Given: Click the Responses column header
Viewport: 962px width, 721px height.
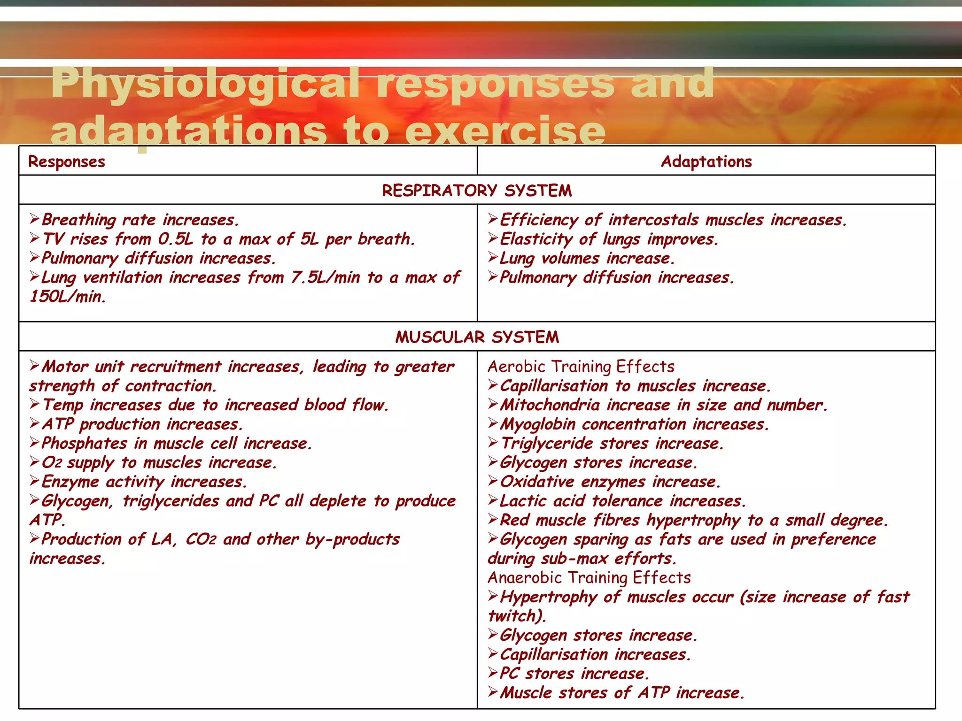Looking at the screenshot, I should pyautogui.click(x=67, y=161).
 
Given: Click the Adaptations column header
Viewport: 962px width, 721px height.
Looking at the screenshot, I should pyautogui.click(x=706, y=161).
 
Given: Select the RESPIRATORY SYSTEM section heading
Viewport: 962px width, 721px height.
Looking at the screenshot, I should pyautogui.click(x=477, y=191).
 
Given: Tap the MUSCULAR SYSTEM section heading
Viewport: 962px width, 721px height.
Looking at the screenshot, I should pyautogui.click(x=477, y=337).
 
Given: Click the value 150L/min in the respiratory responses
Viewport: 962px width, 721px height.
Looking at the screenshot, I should pyautogui.click(x=68, y=297).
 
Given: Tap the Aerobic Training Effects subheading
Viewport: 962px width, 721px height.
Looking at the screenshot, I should pyautogui.click(x=581, y=367).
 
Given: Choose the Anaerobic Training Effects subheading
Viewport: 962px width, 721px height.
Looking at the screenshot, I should pyautogui.click(x=589, y=577).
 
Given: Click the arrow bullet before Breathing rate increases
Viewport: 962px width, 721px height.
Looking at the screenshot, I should pyautogui.click(x=34, y=219).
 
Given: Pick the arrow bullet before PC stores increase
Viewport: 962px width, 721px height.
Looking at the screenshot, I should pyautogui.click(x=492, y=673).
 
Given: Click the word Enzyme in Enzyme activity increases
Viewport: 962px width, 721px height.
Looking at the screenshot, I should pyautogui.click(x=70, y=482).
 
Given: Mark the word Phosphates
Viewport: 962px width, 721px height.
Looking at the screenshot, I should pyautogui.click(x=84, y=444).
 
